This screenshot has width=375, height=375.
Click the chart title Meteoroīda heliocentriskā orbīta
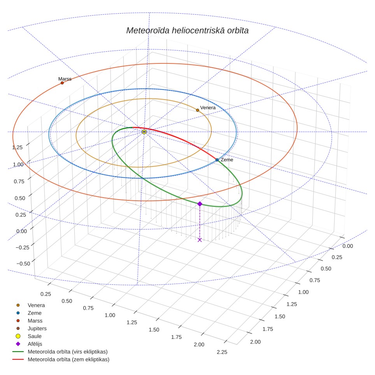click(187, 31)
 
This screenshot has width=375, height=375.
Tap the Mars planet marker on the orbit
click(62, 83)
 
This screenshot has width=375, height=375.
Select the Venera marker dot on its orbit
click(198, 110)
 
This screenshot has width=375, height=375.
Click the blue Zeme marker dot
click(217, 160)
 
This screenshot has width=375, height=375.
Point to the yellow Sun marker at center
click(144, 132)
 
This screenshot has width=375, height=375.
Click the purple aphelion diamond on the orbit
click(200, 204)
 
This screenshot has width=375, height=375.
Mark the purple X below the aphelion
click(200, 240)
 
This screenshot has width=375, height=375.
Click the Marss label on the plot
click(65, 79)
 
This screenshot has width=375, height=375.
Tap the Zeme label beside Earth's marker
click(227, 160)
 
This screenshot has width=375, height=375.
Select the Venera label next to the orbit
click(208, 108)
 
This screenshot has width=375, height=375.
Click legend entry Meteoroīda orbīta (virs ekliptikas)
click(60, 352)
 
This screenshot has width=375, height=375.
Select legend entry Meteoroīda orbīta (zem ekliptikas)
click(61, 359)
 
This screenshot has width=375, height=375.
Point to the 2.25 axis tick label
click(222, 352)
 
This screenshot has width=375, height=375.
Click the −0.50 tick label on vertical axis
click(23, 264)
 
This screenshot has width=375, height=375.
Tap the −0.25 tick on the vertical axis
click(23, 247)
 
